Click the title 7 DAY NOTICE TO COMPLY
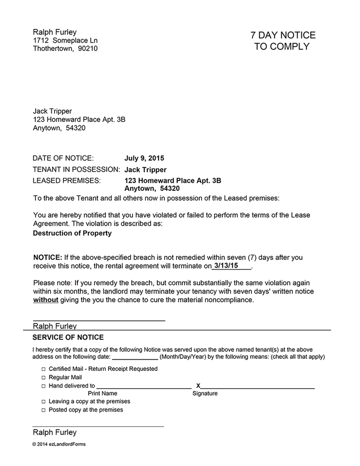283,41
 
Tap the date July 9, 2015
144,158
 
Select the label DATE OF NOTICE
63,158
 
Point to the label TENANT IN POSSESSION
76,170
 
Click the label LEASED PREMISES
67,181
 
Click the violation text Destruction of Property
72,233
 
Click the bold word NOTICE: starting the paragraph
48,258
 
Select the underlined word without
46,300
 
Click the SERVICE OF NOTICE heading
68,338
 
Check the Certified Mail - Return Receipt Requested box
43,369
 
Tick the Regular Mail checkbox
43,378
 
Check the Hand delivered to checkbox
43,386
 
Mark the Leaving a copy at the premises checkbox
43,402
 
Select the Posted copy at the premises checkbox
43,410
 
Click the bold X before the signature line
198,386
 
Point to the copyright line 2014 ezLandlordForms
59,444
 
